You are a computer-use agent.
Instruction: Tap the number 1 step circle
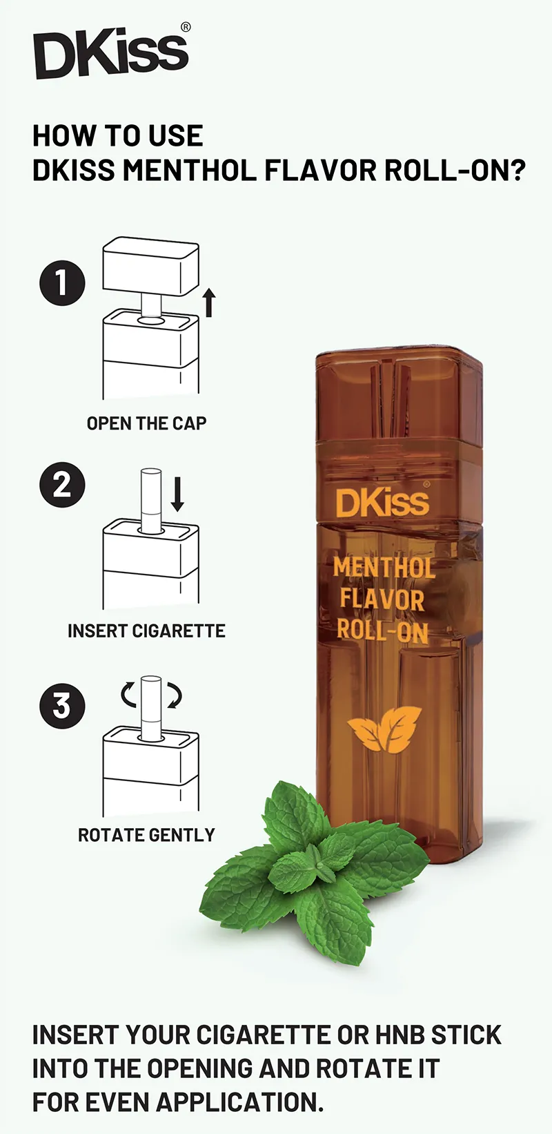point(62,282)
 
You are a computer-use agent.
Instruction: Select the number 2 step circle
point(62,485)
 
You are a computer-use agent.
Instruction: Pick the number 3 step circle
point(62,705)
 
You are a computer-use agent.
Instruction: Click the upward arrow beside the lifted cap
point(209,303)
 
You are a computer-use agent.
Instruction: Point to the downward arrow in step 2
point(177,493)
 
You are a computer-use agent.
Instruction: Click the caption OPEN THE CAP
point(146,423)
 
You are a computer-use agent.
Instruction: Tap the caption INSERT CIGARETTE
point(146,631)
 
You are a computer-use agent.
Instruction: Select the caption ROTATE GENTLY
point(146,835)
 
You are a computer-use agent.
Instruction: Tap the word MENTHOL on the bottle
point(384,568)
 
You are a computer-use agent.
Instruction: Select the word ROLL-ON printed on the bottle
point(382,631)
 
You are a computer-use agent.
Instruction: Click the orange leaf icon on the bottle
point(384,729)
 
